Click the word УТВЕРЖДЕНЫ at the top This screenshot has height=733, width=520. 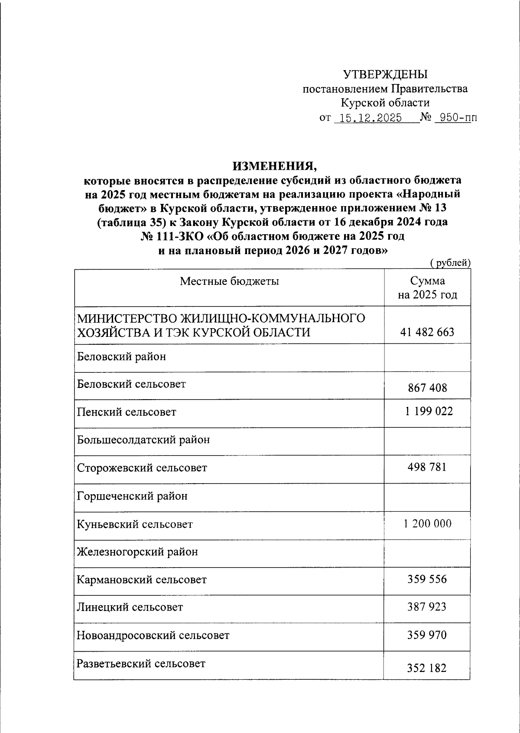click(385, 75)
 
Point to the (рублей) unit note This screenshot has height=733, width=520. click(450, 262)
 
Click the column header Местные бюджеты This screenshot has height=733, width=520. click(229, 281)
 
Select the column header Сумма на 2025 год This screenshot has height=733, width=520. click(427, 288)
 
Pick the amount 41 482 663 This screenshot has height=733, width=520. click(427, 332)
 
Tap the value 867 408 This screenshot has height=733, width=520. click(427, 387)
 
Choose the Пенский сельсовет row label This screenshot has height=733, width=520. click(127, 411)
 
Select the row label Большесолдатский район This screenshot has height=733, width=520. click(143, 440)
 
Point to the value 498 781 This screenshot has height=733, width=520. click(427, 467)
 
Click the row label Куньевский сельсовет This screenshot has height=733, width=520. click(135, 524)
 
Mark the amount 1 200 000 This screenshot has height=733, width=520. click(427, 523)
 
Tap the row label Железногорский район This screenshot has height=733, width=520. click(137, 552)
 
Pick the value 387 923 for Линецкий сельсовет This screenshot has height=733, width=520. click(427, 607)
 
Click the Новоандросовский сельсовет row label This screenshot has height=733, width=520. click(153, 635)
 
